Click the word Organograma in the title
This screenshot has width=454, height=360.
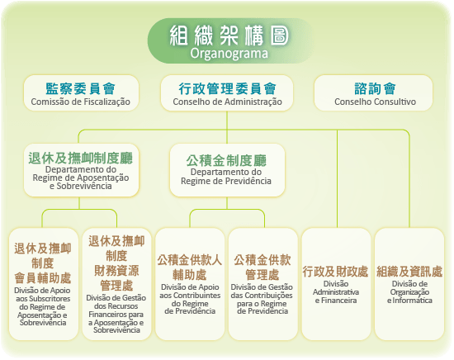pos(229,54)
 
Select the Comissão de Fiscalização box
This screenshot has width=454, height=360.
pos(81,93)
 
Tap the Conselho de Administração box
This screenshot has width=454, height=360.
pos(227,93)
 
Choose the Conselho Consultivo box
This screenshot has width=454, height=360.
pos(373,93)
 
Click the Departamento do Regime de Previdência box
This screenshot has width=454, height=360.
pos(227,170)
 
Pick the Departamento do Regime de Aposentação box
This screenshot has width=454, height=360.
pos(81,170)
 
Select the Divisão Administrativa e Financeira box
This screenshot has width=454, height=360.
pos(336,284)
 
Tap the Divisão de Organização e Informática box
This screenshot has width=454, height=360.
pos(409,284)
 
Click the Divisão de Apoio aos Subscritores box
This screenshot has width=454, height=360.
pos(44,284)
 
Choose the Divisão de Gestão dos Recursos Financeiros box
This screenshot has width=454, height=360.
pos(116,284)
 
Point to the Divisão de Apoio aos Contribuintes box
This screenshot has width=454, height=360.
pos(190,284)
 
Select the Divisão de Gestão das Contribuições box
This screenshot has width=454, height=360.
pos(262,284)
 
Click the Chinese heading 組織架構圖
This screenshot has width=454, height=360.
pos(229,36)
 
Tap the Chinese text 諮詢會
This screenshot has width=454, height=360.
pos(375,88)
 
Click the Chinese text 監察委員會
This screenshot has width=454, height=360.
pos(81,88)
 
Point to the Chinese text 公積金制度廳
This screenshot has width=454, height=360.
pos(226,161)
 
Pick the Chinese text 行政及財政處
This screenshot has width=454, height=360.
pos(335,272)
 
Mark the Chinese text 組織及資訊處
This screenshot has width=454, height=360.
pos(409,272)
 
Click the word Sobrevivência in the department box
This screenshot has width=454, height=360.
pos(84,186)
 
